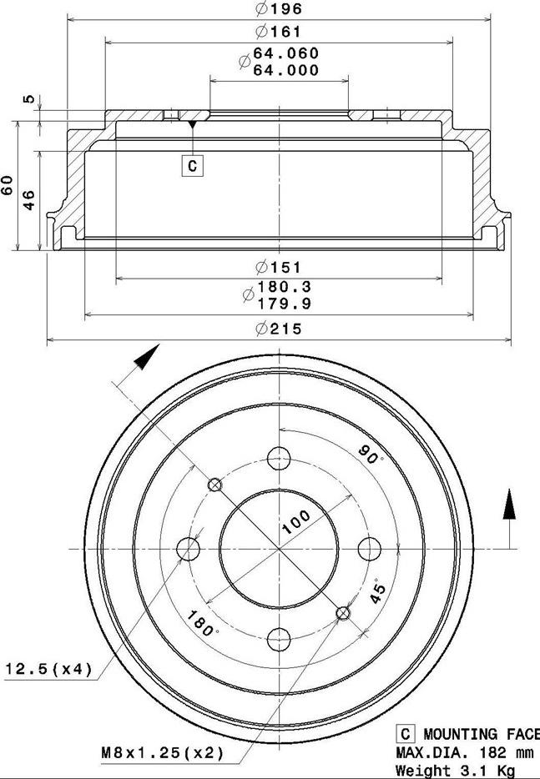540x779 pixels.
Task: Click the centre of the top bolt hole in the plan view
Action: coord(279,458)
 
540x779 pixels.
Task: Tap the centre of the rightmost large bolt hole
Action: coord(370,549)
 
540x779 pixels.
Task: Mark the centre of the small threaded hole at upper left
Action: coord(214,485)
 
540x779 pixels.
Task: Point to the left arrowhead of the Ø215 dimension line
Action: coord(50,340)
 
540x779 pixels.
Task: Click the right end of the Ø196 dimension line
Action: coord(491,20)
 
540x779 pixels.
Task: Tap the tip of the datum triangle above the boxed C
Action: coord(193,128)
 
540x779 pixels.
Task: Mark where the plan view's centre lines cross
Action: coord(279,549)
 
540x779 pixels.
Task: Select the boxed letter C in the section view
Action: coord(193,165)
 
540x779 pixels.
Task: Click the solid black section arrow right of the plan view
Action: coord(509,505)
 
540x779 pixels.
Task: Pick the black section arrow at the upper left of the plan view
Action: coord(147,357)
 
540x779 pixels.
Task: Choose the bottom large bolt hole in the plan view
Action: coord(279,640)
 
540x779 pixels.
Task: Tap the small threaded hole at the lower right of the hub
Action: coord(343,614)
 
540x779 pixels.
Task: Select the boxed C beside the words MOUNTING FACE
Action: coord(406,734)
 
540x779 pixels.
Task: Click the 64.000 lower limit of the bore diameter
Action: coord(286,71)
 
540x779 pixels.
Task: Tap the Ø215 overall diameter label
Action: coord(279,329)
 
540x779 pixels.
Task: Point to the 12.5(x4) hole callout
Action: coord(48,669)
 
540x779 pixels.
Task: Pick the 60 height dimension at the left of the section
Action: coord(8,185)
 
